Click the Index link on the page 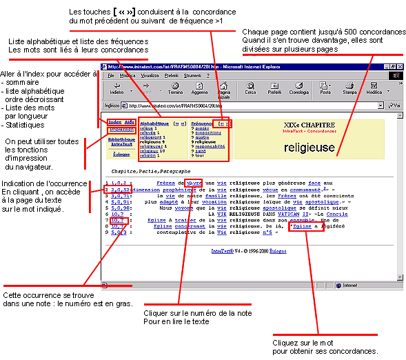click(x=114, y=123)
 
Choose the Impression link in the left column click(x=121, y=129)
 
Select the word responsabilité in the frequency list click(x=210, y=146)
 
